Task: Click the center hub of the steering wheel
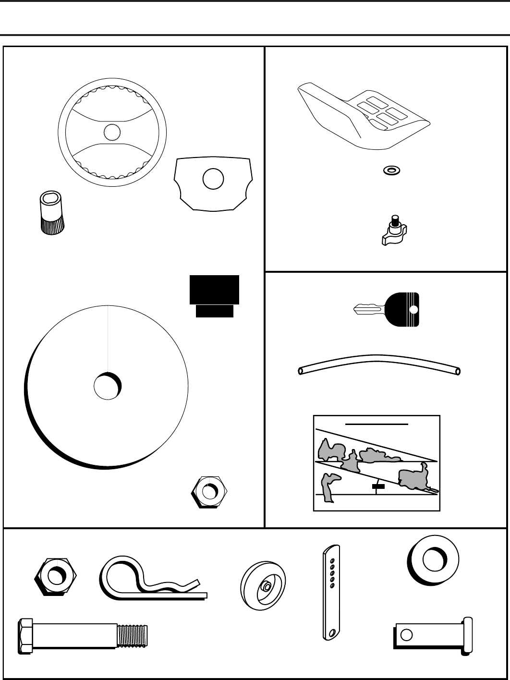coord(112,132)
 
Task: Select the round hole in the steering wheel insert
coord(213,179)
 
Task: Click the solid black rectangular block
coord(214,290)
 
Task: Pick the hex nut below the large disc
coord(209,492)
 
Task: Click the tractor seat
coord(365,115)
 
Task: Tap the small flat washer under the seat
coord(392,170)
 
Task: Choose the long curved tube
coord(379,364)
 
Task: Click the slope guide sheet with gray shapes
coord(376,463)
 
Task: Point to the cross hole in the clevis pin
coord(406,635)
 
